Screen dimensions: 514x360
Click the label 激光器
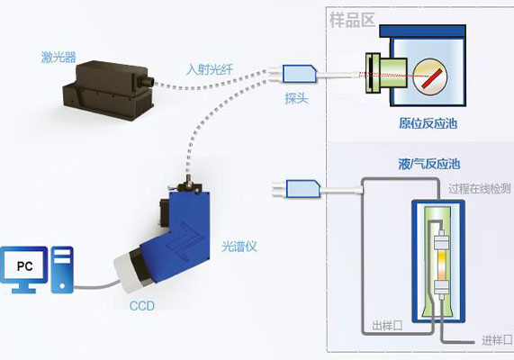[59, 58]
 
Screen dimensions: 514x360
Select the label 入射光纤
[210, 69]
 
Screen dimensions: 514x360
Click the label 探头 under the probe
[296, 98]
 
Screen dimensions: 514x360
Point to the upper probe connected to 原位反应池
[299, 74]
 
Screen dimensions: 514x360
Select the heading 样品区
[352, 20]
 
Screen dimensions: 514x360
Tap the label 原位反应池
[428, 123]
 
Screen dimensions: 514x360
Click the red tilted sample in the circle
[432, 78]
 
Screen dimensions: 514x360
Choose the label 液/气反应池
[428, 164]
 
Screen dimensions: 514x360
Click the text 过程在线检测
[480, 188]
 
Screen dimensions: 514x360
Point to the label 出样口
[387, 326]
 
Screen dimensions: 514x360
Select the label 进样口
[496, 340]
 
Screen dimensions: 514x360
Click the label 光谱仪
[239, 247]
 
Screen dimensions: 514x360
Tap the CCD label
[142, 306]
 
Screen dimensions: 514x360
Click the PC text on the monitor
[24, 265]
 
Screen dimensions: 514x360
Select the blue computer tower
[62, 269]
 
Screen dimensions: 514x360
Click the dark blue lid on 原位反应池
[422, 31]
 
